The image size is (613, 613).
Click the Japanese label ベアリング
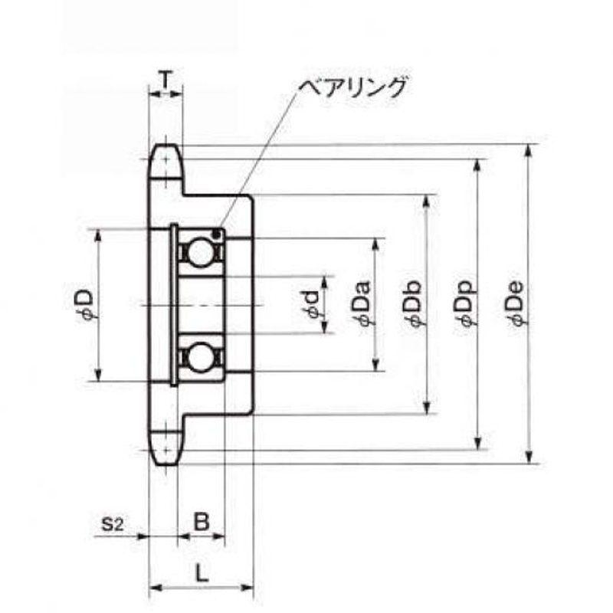(x=352, y=87)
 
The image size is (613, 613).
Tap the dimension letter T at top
(x=166, y=80)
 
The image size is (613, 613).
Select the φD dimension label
(x=85, y=305)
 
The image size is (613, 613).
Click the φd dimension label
(x=313, y=305)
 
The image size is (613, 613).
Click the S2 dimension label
(x=113, y=524)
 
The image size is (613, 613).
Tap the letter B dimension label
(x=202, y=521)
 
